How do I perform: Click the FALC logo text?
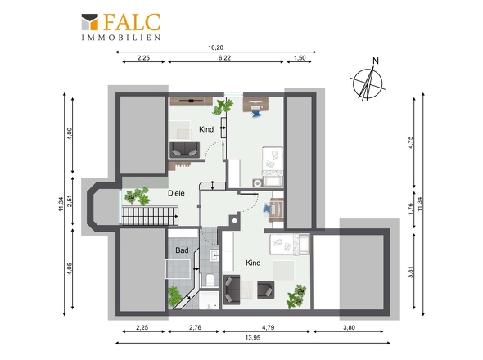[x=132, y=22]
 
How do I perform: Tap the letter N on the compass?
[x=376, y=61]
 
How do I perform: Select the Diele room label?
[x=176, y=193]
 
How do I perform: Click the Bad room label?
[x=182, y=250]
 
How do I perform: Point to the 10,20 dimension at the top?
[x=215, y=47]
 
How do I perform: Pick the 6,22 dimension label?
[x=224, y=57]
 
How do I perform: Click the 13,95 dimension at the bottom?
[x=253, y=338]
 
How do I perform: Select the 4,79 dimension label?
[x=268, y=327]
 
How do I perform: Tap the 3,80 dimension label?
[x=349, y=327]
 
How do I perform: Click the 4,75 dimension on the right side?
[x=410, y=142]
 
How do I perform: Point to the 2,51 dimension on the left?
[x=70, y=201]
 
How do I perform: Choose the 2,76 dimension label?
[x=195, y=327]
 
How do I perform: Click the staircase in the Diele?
[x=151, y=216]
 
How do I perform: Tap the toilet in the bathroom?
[x=210, y=279]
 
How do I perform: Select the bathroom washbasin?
[x=214, y=255]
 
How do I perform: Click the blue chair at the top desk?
[x=256, y=114]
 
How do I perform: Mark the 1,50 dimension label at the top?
[x=300, y=57]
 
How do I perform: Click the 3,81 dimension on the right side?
[x=410, y=272]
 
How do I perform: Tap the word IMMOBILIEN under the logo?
[x=121, y=38]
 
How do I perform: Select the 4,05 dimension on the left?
[x=70, y=268]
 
